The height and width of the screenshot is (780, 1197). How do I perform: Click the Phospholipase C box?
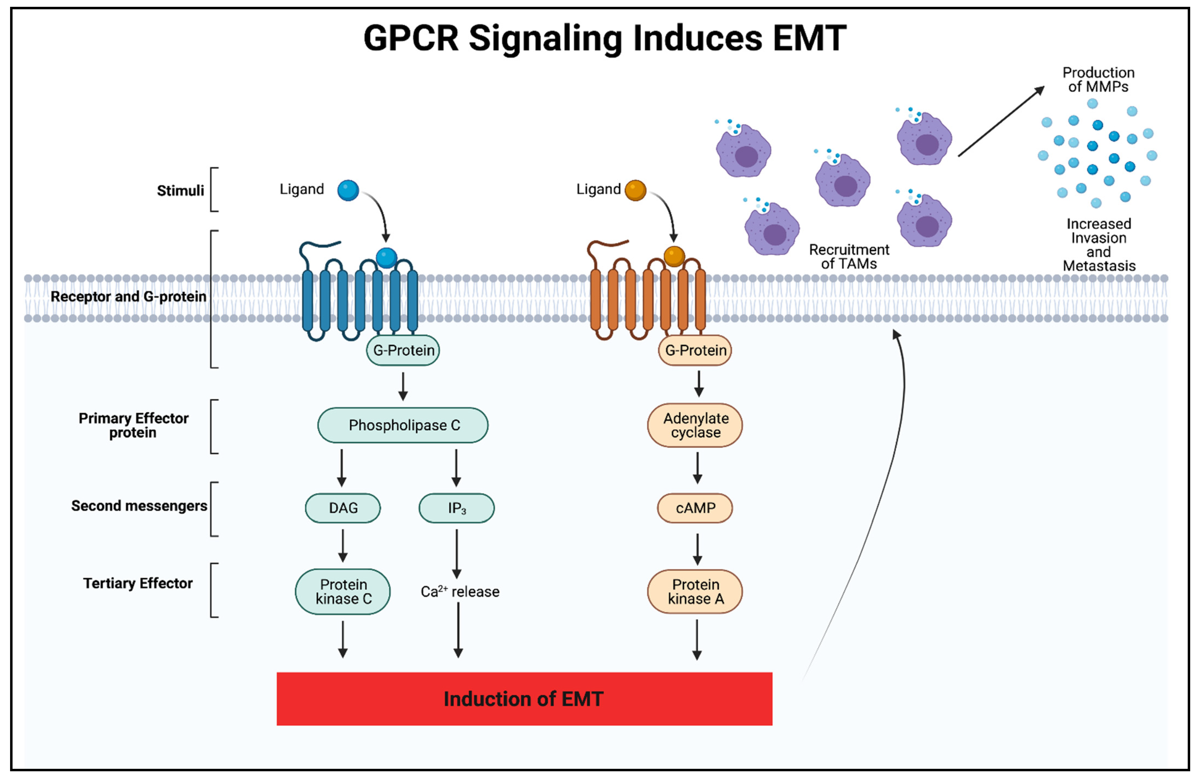click(x=402, y=425)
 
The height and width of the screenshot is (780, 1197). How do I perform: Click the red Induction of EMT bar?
click(x=524, y=698)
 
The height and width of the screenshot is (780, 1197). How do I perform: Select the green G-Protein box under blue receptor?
click(x=403, y=350)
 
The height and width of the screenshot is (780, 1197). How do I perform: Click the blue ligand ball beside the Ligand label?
click(x=348, y=190)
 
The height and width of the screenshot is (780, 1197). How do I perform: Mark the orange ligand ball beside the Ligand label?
click(x=635, y=190)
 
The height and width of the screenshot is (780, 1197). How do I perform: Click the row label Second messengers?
click(x=139, y=506)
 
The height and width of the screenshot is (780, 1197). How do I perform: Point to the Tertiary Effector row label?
click(x=138, y=583)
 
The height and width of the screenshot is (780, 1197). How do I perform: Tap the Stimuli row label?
click(x=180, y=191)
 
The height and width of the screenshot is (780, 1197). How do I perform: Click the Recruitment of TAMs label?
click(x=849, y=257)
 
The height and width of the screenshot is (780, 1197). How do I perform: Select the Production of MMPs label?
click(x=1098, y=79)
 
